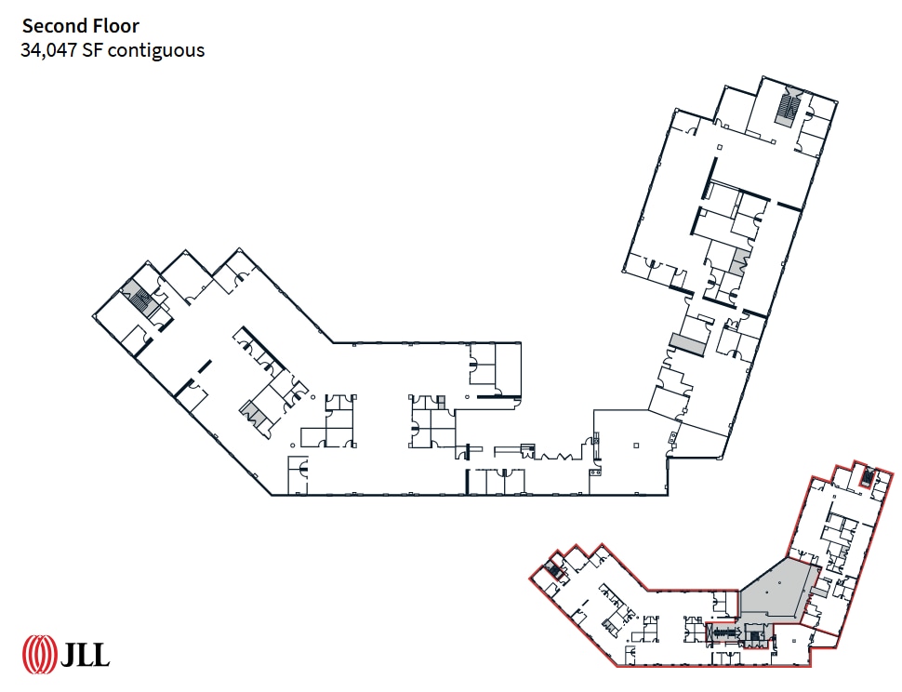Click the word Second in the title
click(x=55, y=26)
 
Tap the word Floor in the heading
click(x=115, y=26)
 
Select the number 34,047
click(x=48, y=50)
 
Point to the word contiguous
click(x=156, y=50)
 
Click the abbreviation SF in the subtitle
click(x=93, y=50)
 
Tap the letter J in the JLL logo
click(x=70, y=654)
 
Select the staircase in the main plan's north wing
click(x=788, y=109)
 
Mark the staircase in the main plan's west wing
click(x=141, y=300)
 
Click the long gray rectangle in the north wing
click(x=684, y=343)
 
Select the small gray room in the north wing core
click(x=740, y=260)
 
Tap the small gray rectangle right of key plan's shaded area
click(x=819, y=589)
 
